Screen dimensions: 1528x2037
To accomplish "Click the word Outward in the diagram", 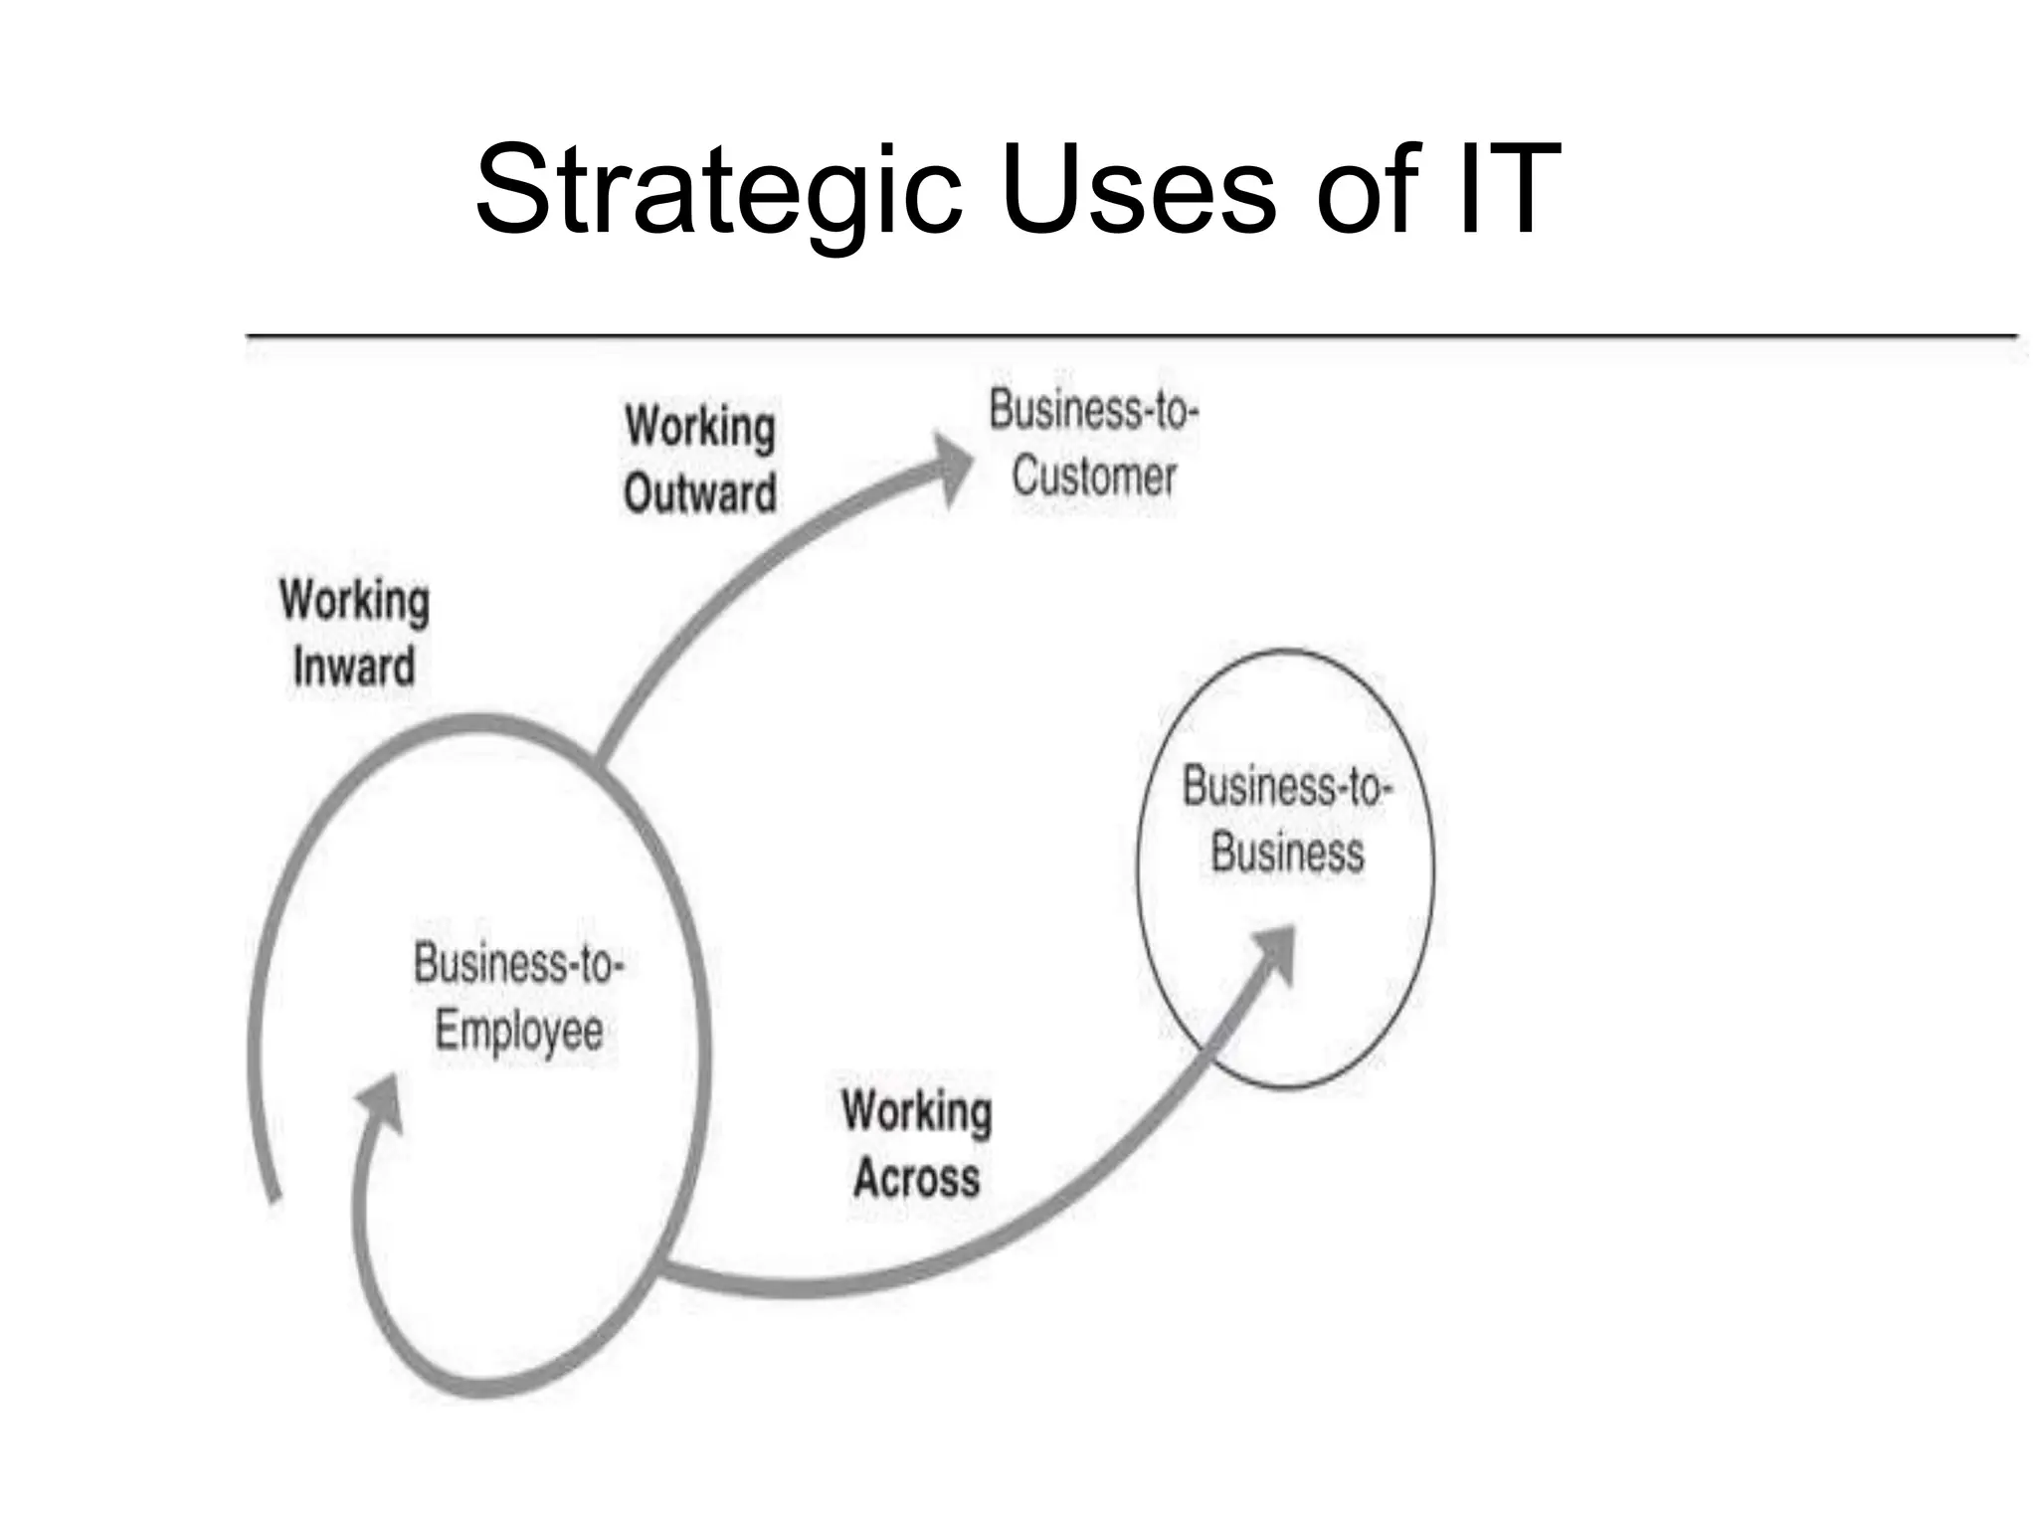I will [x=700, y=493].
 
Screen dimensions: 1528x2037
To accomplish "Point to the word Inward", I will [x=354, y=667].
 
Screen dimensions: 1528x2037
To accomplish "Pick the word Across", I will [x=916, y=1179].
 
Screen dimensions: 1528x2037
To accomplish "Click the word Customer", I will [x=1094, y=476].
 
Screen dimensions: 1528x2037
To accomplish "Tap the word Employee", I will [x=519, y=1030].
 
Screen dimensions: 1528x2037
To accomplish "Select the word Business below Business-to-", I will [x=1287, y=854].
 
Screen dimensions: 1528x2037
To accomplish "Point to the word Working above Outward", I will [x=700, y=428].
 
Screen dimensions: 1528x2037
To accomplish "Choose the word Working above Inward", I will [x=355, y=601].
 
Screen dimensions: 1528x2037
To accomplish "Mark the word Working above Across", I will [x=916, y=1112].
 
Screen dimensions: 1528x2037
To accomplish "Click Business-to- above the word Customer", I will [x=1094, y=410].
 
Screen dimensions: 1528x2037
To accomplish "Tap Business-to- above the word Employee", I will [x=518, y=964].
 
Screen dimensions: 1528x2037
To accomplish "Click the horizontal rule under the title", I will [x=1132, y=336].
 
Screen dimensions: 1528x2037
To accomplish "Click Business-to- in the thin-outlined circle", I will [x=1287, y=788].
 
